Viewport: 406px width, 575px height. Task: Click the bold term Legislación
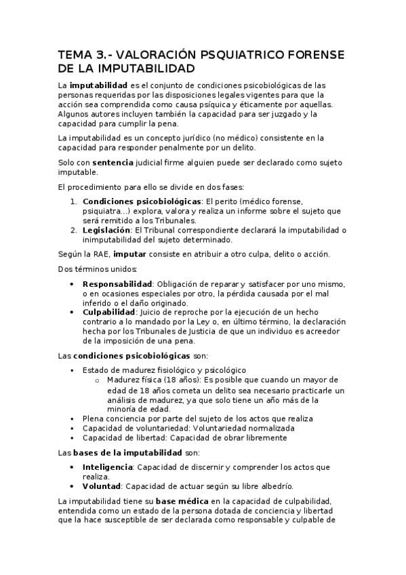[106, 230]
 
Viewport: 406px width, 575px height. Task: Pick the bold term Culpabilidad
[108, 312]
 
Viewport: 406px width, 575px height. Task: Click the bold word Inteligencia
[107, 467]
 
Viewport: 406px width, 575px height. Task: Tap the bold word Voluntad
[102, 486]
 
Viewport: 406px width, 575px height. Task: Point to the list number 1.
[73, 201]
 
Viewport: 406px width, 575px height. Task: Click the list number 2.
[73, 230]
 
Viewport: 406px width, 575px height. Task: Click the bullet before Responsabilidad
[73, 283]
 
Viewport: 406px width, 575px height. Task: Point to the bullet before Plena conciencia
[73, 419]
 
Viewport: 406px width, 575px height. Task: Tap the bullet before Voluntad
[73, 486]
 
